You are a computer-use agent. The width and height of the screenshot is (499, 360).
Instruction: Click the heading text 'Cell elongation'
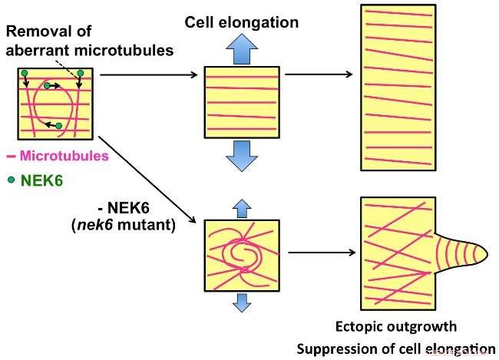(x=241, y=22)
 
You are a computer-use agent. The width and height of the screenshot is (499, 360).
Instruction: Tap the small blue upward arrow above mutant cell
(x=241, y=206)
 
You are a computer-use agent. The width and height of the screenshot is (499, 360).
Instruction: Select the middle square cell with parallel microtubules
(x=241, y=104)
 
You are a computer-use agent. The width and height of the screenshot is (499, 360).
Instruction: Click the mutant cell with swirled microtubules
(x=241, y=254)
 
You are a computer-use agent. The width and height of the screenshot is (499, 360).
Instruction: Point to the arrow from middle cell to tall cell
(x=319, y=74)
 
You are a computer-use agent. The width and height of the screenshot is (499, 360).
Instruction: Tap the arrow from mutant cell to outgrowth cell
(x=319, y=250)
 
